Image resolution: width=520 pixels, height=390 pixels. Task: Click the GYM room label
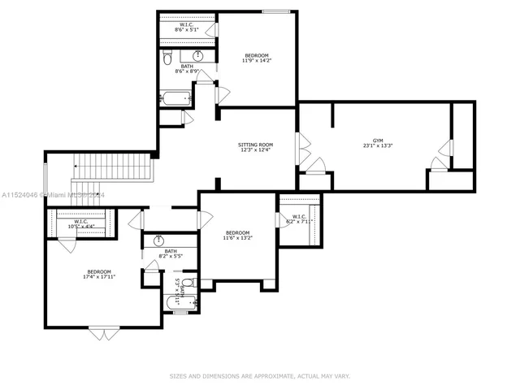(378, 144)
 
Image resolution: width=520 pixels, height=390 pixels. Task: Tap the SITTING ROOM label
(254, 146)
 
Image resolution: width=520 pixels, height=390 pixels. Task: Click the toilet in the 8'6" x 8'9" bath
(167, 58)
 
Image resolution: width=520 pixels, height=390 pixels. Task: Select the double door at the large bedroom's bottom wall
(103, 331)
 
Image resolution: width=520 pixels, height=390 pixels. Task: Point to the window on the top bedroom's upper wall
(276, 11)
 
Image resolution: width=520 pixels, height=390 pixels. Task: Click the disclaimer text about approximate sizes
(259, 376)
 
